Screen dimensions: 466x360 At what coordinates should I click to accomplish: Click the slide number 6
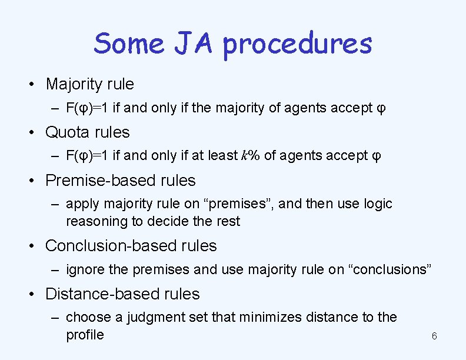[x=434, y=336]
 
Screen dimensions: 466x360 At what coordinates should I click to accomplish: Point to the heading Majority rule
[x=89, y=84]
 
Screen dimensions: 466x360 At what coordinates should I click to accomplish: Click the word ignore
[x=86, y=269]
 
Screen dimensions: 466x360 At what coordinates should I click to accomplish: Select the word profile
[x=85, y=335]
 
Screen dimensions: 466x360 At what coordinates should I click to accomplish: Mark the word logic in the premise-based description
[x=377, y=204]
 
